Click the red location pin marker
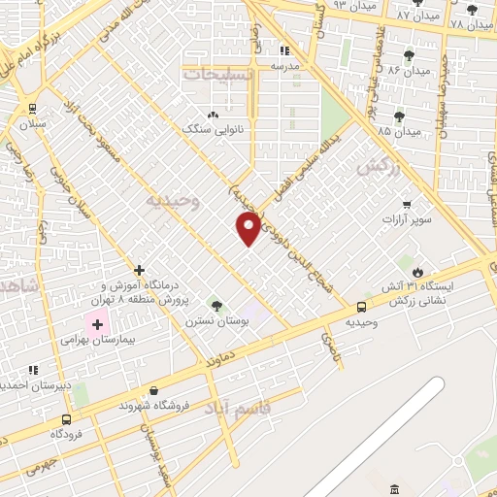[x=248, y=228]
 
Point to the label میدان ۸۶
[x=408, y=71]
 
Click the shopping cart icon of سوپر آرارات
[x=406, y=204]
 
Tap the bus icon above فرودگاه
[x=66, y=420]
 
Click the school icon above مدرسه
[x=284, y=50]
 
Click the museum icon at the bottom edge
[x=394, y=488]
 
